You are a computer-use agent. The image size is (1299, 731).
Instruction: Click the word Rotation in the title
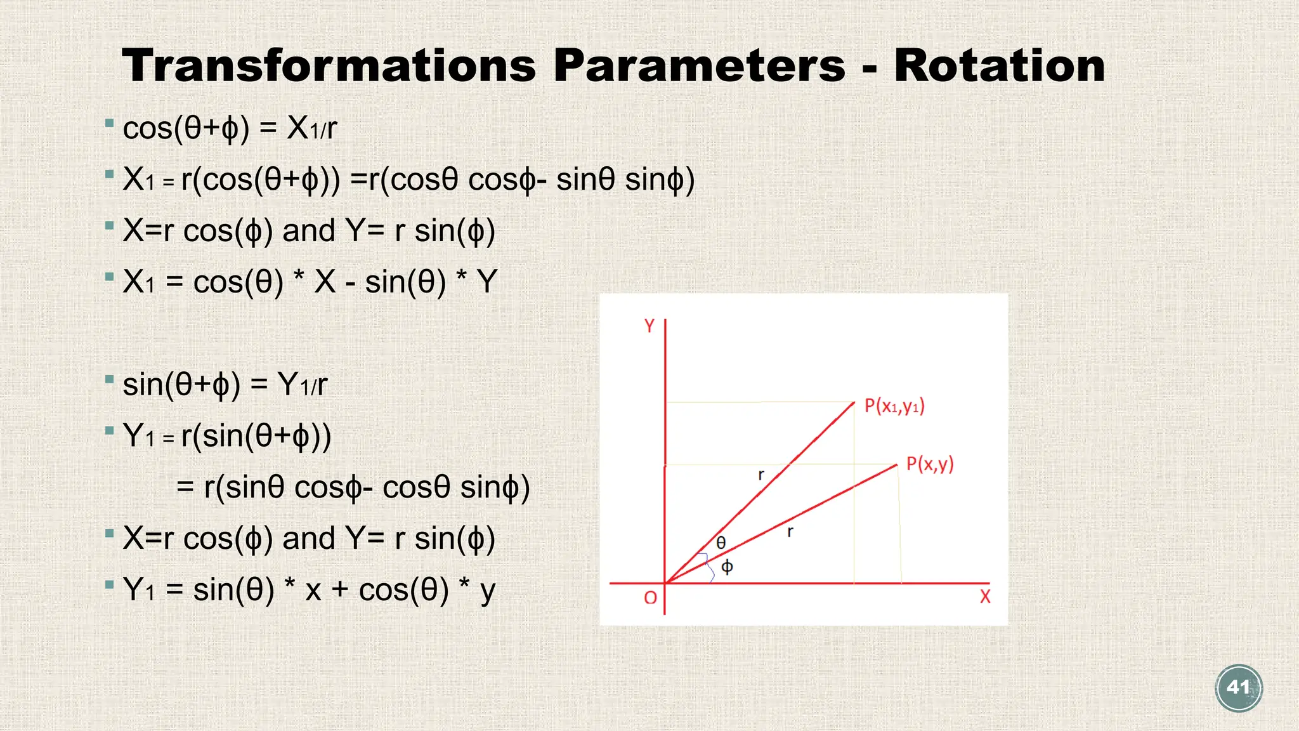pyautogui.click(x=999, y=65)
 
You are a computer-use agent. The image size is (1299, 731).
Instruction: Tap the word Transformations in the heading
pyautogui.click(x=329, y=65)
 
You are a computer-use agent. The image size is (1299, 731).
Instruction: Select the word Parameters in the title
pyautogui.click(x=699, y=65)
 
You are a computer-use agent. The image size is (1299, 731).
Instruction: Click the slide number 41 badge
pyautogui.click(x=1239, y=688)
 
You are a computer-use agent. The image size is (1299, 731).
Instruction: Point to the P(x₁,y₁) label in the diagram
pyautogui.click(x=894, y=406)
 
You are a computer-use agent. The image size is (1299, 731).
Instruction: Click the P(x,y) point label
pyautogui.click(x=929, y=464)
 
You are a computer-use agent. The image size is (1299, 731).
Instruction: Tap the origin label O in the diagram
pyautogui.click(x=650, y=598)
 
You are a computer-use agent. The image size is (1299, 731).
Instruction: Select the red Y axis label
pyautogui.click(x=649, y=326)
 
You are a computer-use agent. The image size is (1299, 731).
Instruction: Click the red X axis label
pyautogui.click(x=984, y=596)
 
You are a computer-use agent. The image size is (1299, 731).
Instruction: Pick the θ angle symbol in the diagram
pyautogui.click(x=721, y=543)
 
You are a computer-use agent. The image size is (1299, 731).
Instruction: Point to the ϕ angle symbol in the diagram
pyautogui.click(x=728, y=566)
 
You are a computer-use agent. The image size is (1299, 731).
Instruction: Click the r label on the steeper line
pyautogui.click(x=761, y=475)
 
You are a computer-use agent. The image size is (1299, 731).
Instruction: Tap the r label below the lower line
pyautogui.click(x=790, y=532)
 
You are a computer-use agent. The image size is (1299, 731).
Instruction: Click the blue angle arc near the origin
pyautogui.click(x=708, y=567)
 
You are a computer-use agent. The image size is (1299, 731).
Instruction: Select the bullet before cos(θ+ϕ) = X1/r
pyautogui.click(x=110, y=122)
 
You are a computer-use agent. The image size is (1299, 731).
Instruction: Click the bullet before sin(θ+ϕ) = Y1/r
pyautogui.click(x=110, y=379)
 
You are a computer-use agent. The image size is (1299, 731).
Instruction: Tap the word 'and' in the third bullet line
pyautogui.click(x=308, y=231)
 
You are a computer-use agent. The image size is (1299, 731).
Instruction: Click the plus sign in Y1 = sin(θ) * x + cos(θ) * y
pyautogui.click(x=340, y=590)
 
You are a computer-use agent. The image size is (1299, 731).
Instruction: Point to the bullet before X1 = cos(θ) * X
pyautogui.click(x=110, y=277)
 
